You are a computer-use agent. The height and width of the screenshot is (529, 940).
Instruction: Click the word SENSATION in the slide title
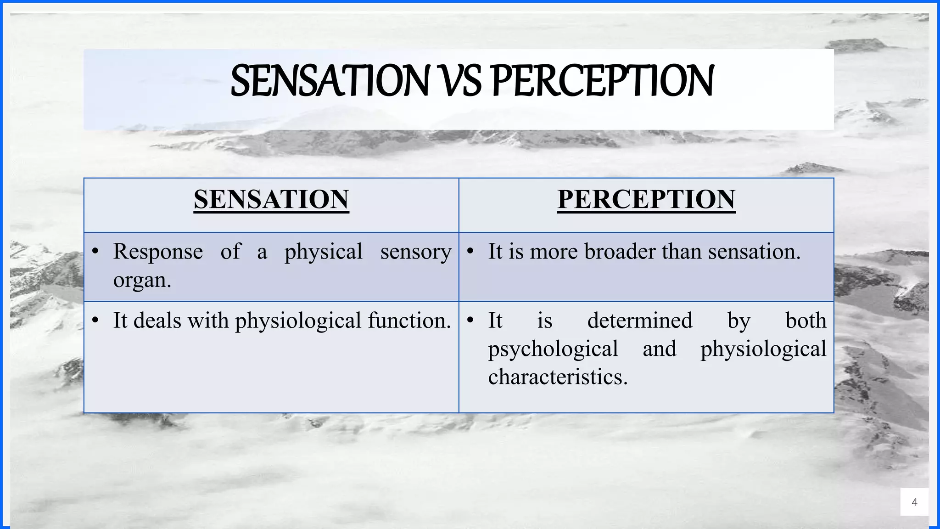329,81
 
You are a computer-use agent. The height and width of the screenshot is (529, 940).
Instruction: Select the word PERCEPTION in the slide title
602,81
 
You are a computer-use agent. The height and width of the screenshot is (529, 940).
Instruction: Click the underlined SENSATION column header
271,200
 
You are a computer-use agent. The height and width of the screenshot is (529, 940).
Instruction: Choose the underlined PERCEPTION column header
646,200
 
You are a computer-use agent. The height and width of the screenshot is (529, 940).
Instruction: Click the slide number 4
914,502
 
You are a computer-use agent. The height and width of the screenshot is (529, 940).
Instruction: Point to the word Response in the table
158,252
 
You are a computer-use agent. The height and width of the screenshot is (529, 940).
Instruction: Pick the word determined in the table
640,321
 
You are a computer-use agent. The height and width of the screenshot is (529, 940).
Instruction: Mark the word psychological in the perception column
553,349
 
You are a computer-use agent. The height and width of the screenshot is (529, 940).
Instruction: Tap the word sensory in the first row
415,252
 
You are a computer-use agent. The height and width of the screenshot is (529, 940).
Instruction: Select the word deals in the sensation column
158,321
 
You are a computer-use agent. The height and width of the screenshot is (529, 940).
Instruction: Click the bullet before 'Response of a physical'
95,252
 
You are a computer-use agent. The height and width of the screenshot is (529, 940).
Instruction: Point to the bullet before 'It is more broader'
470,252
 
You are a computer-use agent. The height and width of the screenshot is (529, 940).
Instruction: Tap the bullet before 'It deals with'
95,321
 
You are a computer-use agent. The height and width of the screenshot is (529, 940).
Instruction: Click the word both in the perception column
806,321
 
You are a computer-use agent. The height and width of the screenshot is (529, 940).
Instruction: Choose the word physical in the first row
323,252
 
